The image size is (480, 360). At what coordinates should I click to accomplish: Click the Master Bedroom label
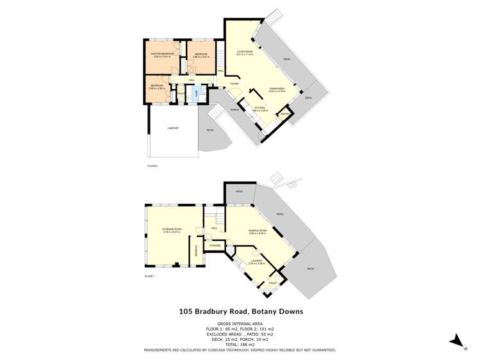click(x=163, y=53)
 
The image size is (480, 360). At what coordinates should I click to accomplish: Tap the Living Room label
click(x=245, y=51)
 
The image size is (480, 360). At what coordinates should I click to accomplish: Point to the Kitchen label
click(x=260, y=108)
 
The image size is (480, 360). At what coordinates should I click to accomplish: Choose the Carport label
click(x=173, y=128)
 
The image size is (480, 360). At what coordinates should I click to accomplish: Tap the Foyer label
click(x=235, y=84)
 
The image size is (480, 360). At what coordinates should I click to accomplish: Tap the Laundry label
click(x=256, y=259)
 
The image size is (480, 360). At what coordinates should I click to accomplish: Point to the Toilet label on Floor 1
click(x=272, y=282)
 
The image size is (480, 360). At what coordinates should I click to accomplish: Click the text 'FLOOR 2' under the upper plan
click(x=152, y=166)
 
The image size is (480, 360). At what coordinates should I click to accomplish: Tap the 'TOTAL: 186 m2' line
click(x=240, y=345)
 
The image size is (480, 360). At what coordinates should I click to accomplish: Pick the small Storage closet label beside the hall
click(x=215, y=245)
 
